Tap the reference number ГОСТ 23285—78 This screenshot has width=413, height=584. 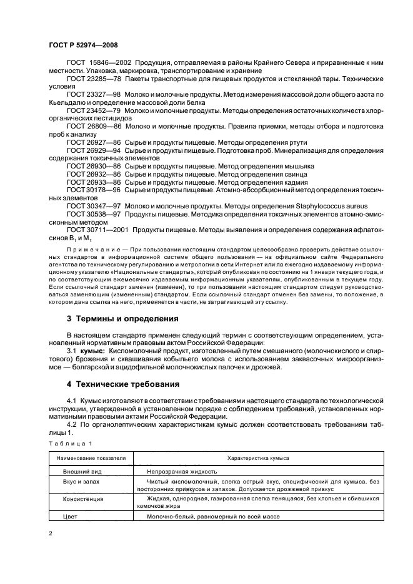(x=90, y=80)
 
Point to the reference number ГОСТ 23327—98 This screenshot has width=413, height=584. (x=90, y=93)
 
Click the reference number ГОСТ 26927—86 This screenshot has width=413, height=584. (x=90, y=142)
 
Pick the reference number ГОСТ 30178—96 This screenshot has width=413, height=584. (x=90, y=190)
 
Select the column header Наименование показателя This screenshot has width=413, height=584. (x=91, y=458)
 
